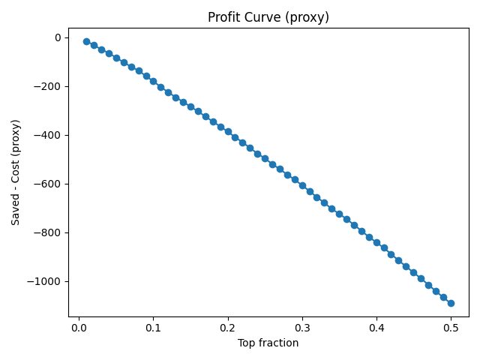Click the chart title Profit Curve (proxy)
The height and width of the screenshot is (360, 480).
click(x=268, y=17)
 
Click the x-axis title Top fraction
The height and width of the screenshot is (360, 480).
click(x=268, y=343)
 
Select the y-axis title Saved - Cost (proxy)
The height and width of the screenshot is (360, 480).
click(x=16, y=172)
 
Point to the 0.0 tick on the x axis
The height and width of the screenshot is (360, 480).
click(x=79, y=328)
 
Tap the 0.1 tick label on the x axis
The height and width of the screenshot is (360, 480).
click(x=153, y=328)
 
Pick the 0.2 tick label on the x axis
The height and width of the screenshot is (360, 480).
click(x=227, y=328)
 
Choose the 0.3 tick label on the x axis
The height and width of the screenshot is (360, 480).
click(x=302, y=328)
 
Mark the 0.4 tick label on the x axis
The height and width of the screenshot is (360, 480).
click(x=376, y=328)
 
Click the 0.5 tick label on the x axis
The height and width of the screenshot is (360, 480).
click(x=451, y=328)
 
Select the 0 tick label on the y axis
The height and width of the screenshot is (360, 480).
click(x=57, y=37)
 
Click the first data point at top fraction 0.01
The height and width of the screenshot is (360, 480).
click(x=86, y=41)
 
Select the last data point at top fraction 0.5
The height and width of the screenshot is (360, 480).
click(x=451, y=303)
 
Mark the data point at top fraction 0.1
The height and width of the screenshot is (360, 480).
click(x=153, y=81)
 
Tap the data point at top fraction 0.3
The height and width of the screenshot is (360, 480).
click(x=302, y=185)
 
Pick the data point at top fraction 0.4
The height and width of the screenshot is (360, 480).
click(x=376, y=242)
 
